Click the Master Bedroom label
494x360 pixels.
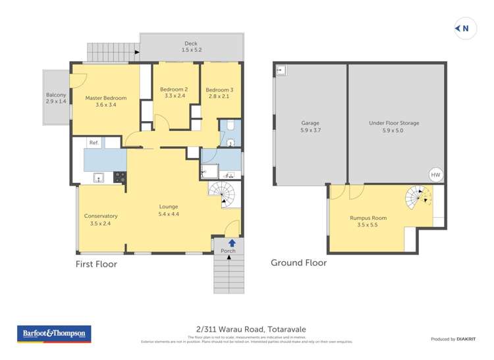105,101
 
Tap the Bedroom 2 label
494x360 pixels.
175,93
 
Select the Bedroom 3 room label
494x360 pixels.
219,93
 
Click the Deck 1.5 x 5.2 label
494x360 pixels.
191,47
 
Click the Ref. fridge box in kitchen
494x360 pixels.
94,142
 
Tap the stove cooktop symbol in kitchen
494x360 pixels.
120,176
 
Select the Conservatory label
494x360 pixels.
101,219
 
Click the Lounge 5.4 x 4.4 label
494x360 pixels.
169,210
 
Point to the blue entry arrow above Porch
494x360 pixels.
231,243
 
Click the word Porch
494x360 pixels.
228,251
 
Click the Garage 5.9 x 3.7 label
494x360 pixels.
310,126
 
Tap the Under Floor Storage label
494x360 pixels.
394,126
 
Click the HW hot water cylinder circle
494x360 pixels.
435,175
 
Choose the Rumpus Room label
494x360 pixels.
368,221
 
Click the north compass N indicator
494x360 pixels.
465,28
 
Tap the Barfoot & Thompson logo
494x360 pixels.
54,334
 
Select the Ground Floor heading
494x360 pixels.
298,263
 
